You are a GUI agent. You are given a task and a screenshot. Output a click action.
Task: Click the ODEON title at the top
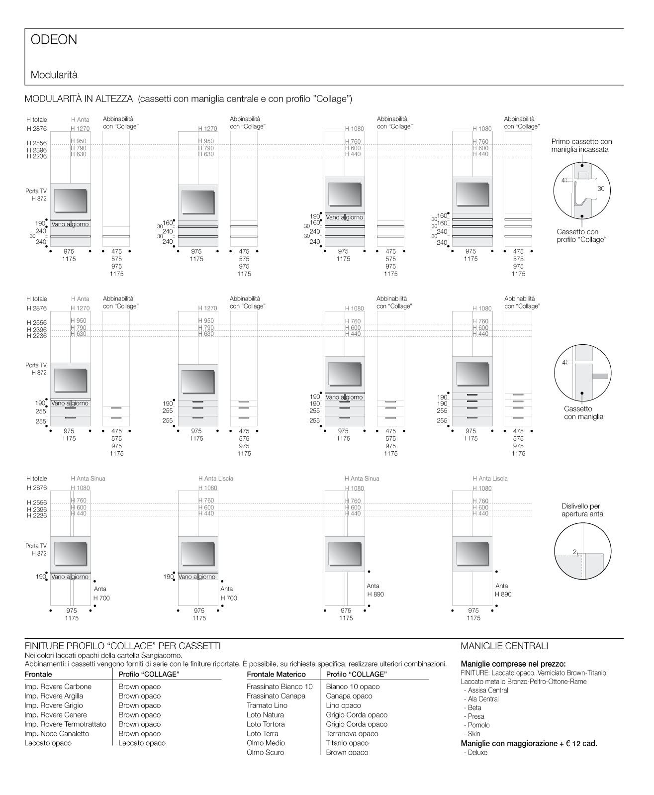(54, 40)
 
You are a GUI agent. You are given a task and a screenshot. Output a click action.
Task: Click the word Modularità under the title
(54, 75)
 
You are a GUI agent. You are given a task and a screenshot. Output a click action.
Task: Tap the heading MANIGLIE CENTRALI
(504, 646)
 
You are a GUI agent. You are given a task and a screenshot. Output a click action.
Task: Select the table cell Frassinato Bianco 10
(280, 687)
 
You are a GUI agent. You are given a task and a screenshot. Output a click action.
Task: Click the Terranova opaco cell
(352, 733)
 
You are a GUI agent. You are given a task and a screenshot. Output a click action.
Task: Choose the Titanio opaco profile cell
(347, 743)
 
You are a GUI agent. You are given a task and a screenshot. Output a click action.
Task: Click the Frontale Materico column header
(276, 674)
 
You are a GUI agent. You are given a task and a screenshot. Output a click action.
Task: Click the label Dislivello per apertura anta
(581, 510)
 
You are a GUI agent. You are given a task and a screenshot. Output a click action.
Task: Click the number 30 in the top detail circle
(601, 189)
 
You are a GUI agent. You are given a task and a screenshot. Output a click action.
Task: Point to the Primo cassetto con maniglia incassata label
(581, 145)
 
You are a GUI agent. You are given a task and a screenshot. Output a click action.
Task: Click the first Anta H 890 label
(375, 590)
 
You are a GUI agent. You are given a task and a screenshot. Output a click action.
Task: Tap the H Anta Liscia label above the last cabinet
(490, 479)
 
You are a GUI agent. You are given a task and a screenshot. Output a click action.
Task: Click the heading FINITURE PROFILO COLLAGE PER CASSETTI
(122, 646)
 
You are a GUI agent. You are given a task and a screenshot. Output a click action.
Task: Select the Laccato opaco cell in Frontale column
(48, 743)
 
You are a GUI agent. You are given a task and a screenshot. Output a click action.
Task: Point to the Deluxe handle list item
(477, 752)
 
